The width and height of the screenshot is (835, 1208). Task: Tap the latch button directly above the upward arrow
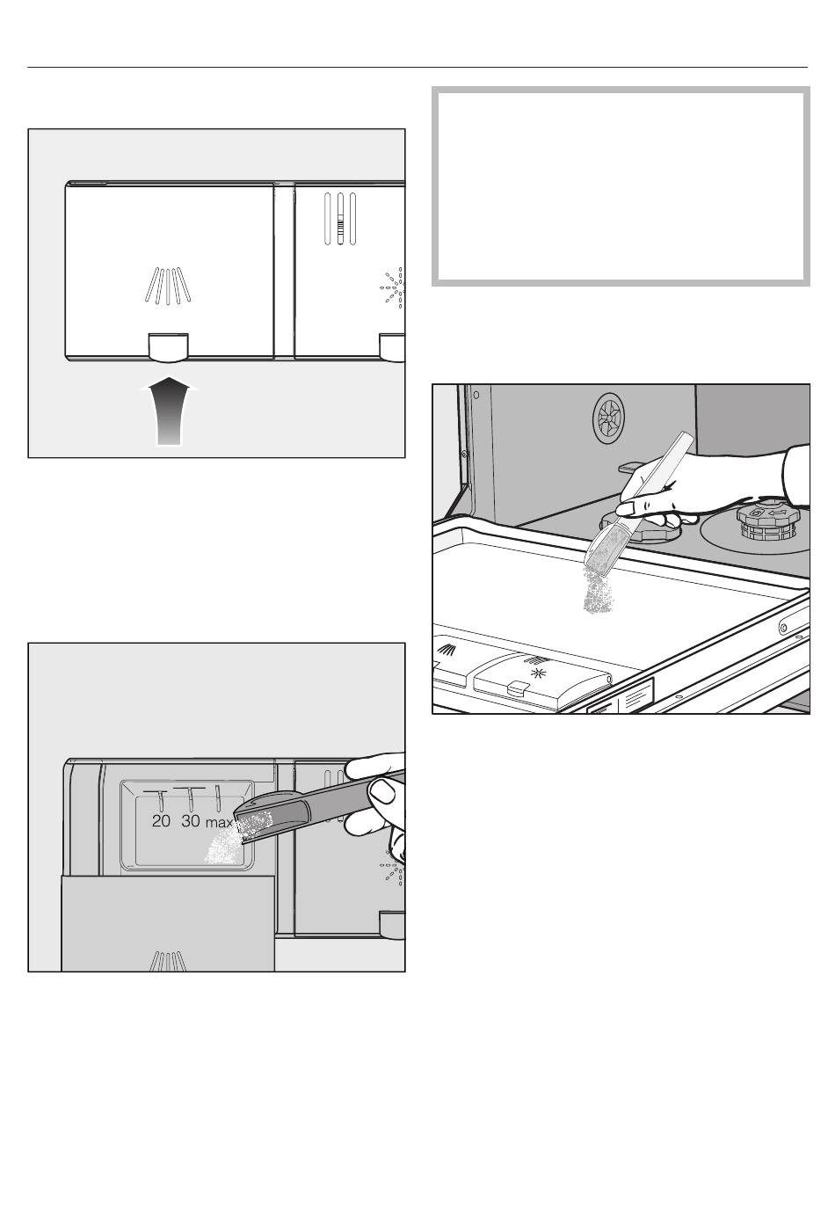168,346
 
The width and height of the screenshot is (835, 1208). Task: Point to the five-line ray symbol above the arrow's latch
168,285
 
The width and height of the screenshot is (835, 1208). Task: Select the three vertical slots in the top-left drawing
339,218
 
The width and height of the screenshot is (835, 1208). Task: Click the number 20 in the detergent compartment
161,821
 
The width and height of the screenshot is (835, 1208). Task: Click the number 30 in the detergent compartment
190,821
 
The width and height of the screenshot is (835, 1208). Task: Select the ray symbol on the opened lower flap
168,962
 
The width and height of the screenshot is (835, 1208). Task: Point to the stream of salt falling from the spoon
599,591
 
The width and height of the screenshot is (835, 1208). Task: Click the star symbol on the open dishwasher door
537,672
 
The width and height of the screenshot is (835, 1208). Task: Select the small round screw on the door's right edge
782,627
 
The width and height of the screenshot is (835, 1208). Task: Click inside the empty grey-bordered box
621,186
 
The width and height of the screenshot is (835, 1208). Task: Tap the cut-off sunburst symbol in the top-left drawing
393,287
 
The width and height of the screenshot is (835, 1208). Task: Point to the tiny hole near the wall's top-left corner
476,394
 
